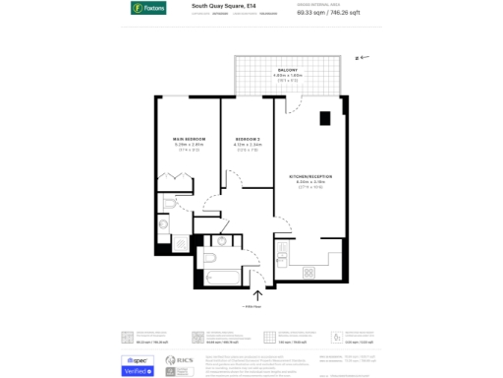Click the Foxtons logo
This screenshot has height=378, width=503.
(x=148, y=9)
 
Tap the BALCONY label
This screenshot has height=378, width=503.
(x=287, y=70)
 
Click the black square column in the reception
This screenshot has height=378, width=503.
(x=324, y=119)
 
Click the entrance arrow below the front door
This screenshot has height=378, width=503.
(x=258, y=294)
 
